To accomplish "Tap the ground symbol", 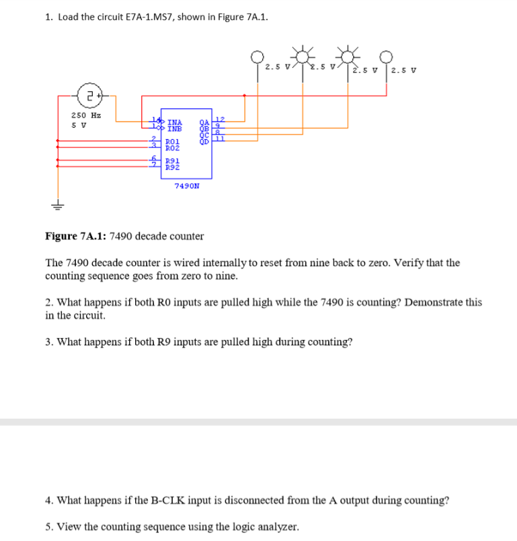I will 58,206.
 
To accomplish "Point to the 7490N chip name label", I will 186,185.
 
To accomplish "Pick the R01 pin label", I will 172,141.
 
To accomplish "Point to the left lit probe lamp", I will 304,53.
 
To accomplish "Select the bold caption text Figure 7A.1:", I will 75,236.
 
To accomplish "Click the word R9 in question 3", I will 173,341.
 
